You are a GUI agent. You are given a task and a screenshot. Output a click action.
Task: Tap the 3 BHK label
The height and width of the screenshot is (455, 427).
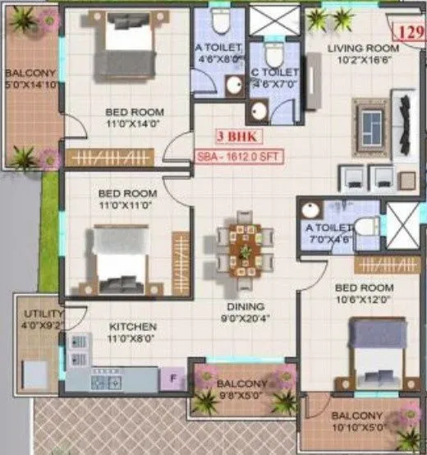232,137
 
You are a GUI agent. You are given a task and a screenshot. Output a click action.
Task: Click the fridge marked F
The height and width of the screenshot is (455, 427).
172,379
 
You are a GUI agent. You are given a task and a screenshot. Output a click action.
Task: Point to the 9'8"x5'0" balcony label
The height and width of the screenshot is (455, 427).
241,384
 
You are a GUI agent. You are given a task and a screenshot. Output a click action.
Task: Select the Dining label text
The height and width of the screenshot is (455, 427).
243,309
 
